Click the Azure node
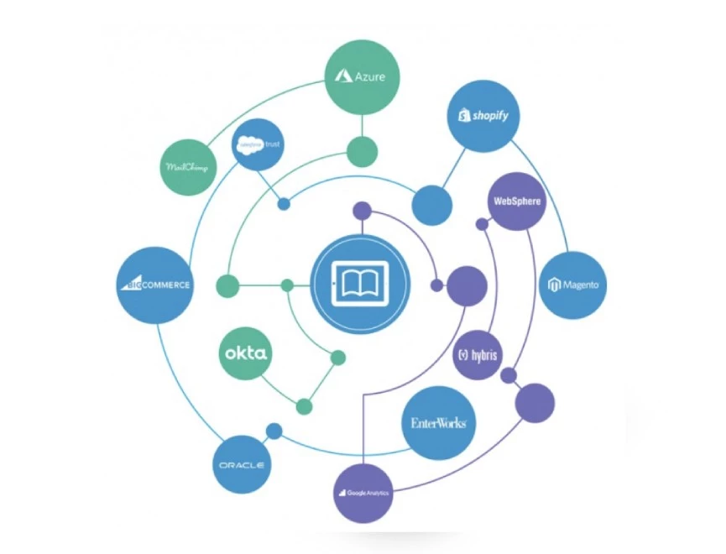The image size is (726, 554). [x=362, y=76]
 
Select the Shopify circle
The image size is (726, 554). [x=483, y=116]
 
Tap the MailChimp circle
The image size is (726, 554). [x=187, y=166]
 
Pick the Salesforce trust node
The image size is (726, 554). [x=258, y=144]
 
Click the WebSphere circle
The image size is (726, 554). [x=516, y=201]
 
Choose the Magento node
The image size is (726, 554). [x=573, y=284]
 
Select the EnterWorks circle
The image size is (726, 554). [x=438, y=423]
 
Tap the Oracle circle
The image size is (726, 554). [x=242, y=464]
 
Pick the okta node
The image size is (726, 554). [x=247, y=353]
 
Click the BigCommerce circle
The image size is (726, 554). [x=155, y=284]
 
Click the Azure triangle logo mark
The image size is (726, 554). [x=342, y=76]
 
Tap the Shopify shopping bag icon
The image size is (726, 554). [x=462, y=116]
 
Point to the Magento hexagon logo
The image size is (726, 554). [x=554, y=285]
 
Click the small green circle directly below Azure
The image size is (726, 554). [x=363, y=151]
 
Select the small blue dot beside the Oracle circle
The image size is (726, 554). [x=274, y=431]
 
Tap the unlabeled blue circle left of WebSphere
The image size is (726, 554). [x=431, y=204]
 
